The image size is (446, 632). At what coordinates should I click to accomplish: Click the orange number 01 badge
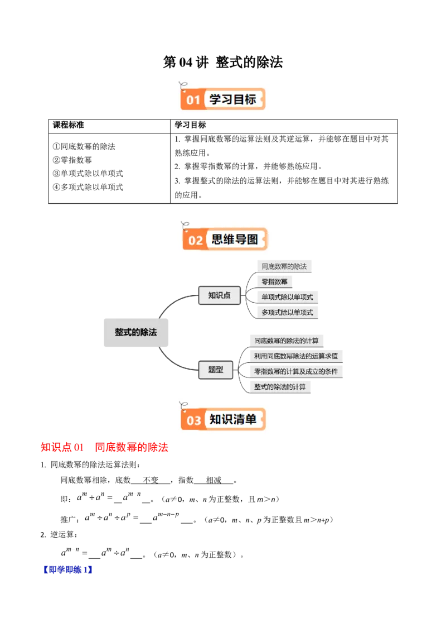coord(193,100)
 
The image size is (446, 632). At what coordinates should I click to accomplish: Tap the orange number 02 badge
coord(195,241)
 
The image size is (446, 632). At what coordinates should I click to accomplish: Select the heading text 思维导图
coord(235,240)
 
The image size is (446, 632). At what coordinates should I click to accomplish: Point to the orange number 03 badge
coord(194,420)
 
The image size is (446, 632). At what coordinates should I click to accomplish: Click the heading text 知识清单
coord(233,419)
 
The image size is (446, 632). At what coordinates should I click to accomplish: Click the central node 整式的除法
coord(135,332)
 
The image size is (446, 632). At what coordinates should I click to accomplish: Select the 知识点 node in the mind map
coord(219,295)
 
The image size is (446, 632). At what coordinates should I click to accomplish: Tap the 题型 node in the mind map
coord(215,370)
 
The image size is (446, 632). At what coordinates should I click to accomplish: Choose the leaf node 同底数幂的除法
coord(284,266)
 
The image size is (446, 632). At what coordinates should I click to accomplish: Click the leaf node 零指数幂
coord(274,282)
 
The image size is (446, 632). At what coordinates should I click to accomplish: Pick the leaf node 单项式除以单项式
coord(287,297)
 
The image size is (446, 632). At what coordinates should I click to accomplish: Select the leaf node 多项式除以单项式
coord(287,313)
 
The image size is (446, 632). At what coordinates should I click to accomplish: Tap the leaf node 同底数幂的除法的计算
coord(287,341)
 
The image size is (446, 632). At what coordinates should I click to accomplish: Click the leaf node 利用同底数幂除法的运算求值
coord(295,356)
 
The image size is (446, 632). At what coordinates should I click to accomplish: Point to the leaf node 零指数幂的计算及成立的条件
coord(295,371)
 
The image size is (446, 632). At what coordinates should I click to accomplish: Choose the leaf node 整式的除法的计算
coord(280,386)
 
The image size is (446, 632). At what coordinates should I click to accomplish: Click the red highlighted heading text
coord(104,448)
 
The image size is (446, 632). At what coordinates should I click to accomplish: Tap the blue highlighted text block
coord(67,569)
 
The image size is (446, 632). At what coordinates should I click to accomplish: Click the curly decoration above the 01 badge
coord(182,85)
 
